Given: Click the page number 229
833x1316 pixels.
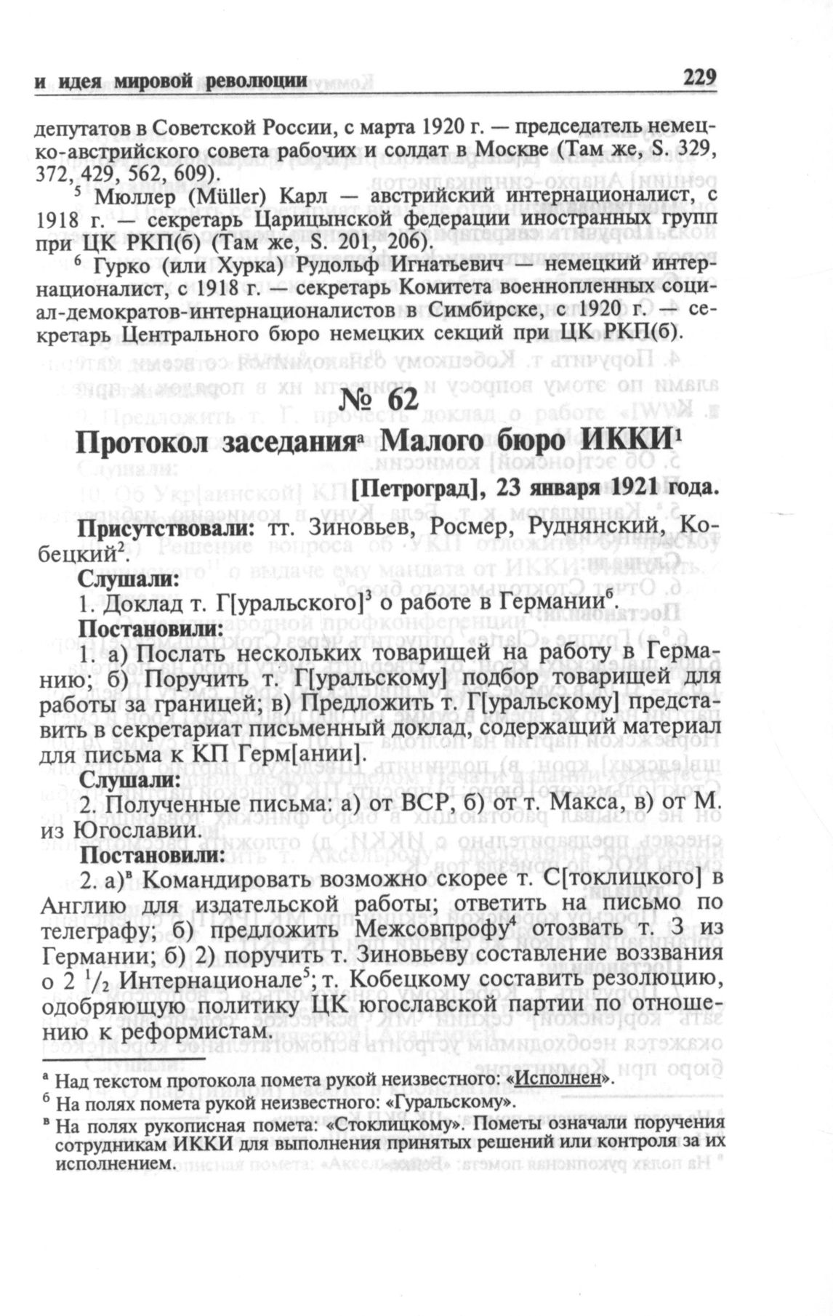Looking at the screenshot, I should pos(700,77).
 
